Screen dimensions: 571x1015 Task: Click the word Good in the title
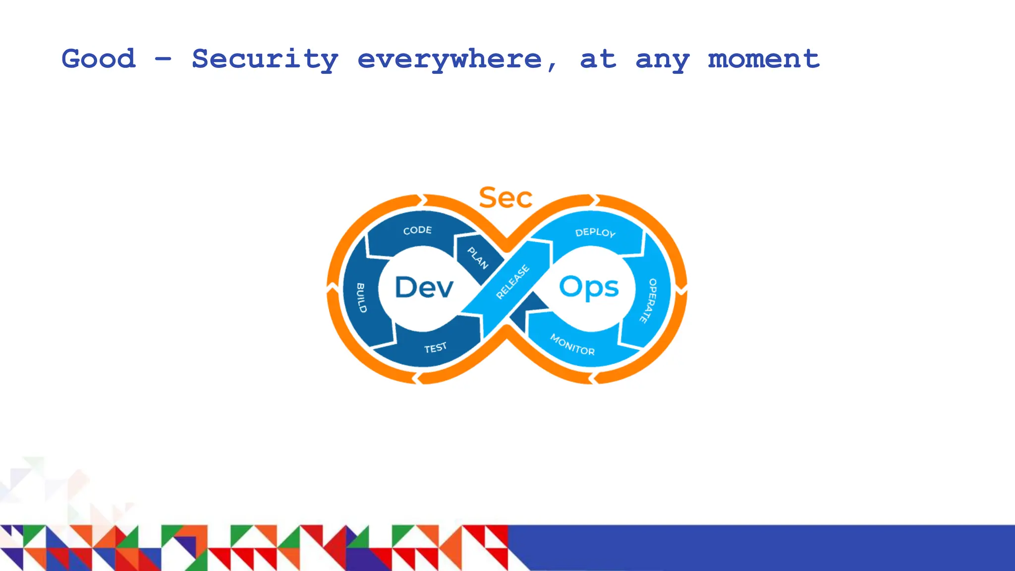pos(98,59)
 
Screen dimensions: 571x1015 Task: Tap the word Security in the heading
pos(265,59)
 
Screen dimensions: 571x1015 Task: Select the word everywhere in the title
pos(450,59)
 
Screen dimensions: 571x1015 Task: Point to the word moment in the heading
pos(763,59)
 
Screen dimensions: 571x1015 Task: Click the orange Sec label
pos(506,198)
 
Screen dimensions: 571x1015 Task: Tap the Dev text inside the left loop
pos(424,287)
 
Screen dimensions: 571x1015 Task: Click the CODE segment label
pos(417,230)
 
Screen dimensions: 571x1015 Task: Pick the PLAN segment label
pos(478,258)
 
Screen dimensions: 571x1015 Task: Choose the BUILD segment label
pos(361,298)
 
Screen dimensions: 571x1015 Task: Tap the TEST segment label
pos(435,348)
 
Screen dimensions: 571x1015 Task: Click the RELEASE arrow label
pos(513,282)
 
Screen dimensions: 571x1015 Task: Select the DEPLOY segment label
pos(595,232)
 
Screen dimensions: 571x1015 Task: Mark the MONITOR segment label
pos(572,344)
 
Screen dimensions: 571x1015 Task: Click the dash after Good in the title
pos(163,59)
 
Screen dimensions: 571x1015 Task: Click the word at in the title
pos(598,59)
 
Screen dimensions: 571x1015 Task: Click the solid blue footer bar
pos(763,547)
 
